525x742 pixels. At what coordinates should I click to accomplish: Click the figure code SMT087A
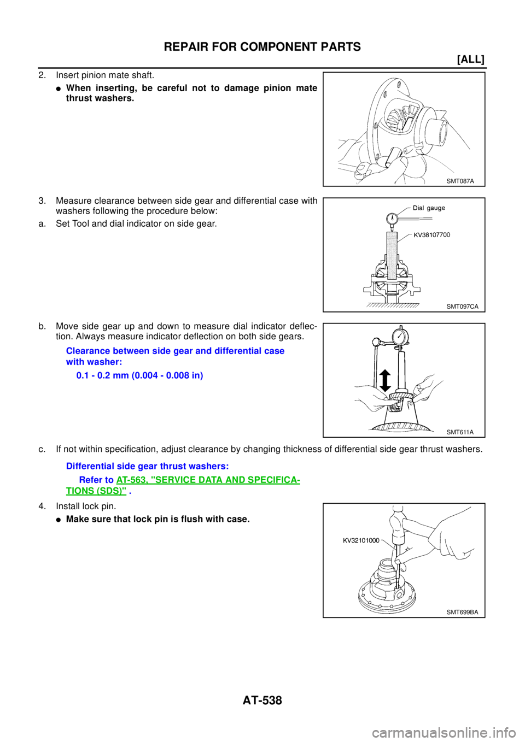pos(460,181)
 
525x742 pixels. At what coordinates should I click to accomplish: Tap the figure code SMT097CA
pos(462,307)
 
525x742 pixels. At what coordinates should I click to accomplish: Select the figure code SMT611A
pos(460,432)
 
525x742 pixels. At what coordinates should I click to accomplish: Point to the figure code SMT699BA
pos(462,612)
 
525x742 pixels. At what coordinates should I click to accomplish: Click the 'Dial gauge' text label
pos(429,208)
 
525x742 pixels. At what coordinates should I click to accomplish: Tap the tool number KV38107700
pos(432,235)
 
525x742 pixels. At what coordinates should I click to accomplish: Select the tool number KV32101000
pos(361,540)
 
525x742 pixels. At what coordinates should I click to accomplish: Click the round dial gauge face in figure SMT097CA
pos(392,218)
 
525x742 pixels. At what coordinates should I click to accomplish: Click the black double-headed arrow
pos(384,380)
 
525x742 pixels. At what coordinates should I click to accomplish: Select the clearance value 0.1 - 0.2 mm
pos(140,376)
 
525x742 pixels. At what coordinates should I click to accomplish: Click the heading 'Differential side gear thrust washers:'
pos(147,466)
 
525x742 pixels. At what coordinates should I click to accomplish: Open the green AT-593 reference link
pos(208,479)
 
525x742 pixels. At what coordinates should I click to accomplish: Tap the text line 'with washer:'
pos(95,362)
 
